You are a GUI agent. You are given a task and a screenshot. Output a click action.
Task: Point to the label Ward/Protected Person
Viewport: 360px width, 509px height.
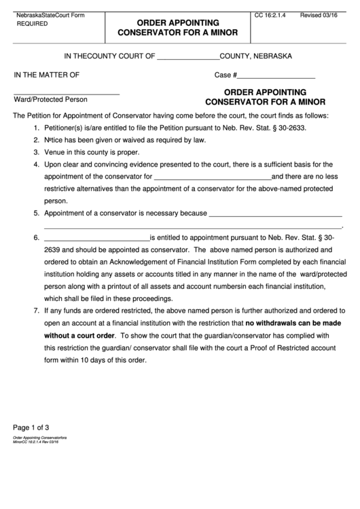point(50,99)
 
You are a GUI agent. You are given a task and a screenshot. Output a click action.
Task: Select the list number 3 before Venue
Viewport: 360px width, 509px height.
point(36,152)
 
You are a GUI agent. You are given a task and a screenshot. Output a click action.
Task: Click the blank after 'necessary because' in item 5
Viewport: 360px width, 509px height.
point(274,213)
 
